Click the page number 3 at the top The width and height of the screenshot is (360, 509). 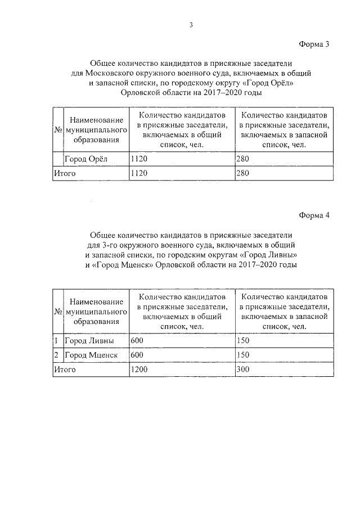point(191,25)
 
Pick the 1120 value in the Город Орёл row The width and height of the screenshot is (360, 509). point(138,159)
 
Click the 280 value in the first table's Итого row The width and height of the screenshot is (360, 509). point(242,173)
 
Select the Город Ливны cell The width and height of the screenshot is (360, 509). point(89,341)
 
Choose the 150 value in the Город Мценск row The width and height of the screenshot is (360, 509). point(242,355)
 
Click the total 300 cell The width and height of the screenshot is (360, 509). point(242,370)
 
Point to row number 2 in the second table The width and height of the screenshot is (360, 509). point(56,355)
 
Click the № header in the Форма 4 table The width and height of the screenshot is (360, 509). point(57,312)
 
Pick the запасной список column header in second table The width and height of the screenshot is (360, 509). point(283,311)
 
